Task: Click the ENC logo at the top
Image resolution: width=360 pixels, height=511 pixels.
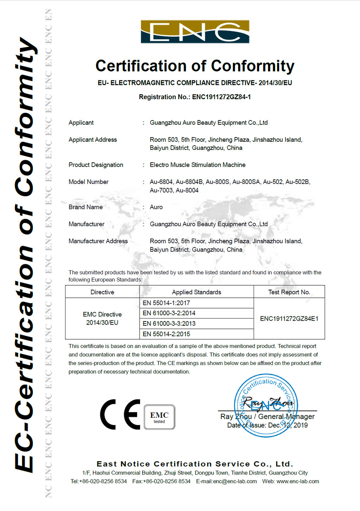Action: click(x=195, y=32)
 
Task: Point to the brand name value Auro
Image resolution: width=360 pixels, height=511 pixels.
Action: click(x=156, y=207)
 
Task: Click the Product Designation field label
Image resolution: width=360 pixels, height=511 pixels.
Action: click(x=96, y=165)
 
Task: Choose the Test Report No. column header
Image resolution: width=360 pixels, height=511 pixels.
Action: click(x=289, y=292)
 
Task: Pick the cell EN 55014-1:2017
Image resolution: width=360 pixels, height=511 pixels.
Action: click(x=166, y=303)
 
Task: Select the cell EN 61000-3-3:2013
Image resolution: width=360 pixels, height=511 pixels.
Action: click(x=169, y=323)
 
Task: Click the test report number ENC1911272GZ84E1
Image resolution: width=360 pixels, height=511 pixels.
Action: click(x=289, y=318)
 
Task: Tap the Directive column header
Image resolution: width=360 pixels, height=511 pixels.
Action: click(x=102, y=292)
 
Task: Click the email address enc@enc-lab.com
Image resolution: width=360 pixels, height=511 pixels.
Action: click(x=235, y=481)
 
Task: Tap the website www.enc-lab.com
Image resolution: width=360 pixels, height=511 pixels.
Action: click(x=297, y=481)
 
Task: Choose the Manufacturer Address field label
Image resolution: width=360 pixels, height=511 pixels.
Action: click(x=98, y=241)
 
